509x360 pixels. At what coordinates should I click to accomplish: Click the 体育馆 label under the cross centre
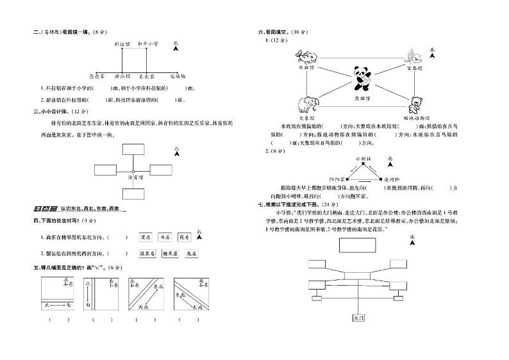coord(135,176)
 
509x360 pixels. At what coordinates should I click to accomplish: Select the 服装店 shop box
coord(147,254)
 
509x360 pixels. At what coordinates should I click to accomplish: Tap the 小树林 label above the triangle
coord(363,157)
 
